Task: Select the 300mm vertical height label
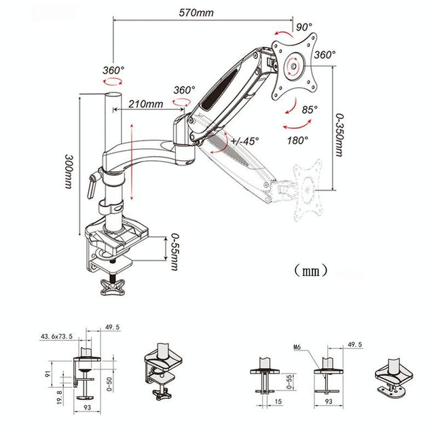69,170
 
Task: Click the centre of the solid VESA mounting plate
293,67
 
